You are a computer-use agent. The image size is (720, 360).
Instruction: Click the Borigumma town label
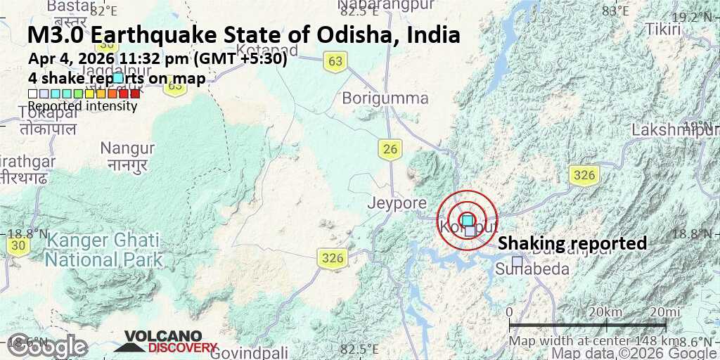pyautogui.click(x=385, y=98)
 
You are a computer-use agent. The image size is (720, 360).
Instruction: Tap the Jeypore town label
pyautogui.click(x=397, y=203)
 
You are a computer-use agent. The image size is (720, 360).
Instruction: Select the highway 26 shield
pyautogui.click(x=390, y=148)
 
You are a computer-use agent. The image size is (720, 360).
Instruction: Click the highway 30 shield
pyautogui.click(x=19, y=245)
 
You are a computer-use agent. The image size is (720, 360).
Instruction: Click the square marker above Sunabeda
pyautogui.click(x=517, y=262)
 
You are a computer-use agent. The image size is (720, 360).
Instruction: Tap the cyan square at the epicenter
pyautogui.click(x=468, y=220)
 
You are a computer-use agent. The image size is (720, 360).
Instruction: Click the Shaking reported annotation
pyautogui.click(x=572, y=243)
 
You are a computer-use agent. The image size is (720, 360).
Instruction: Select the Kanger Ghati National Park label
pyautogui.click(x=103, y=250)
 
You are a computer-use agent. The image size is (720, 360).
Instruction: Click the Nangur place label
pyautogui.click(x=127, y=148)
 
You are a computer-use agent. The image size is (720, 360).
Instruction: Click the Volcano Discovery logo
pyautogui.click(x=166, y=342)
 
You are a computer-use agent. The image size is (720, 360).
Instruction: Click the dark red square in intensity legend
pyautogui.click(x=135, y=94)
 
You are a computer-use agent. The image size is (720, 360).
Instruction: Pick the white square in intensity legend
pyautogui.click(x=32, y=94)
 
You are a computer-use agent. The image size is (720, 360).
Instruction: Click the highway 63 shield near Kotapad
pyautogui.click(x=335, y=62)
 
